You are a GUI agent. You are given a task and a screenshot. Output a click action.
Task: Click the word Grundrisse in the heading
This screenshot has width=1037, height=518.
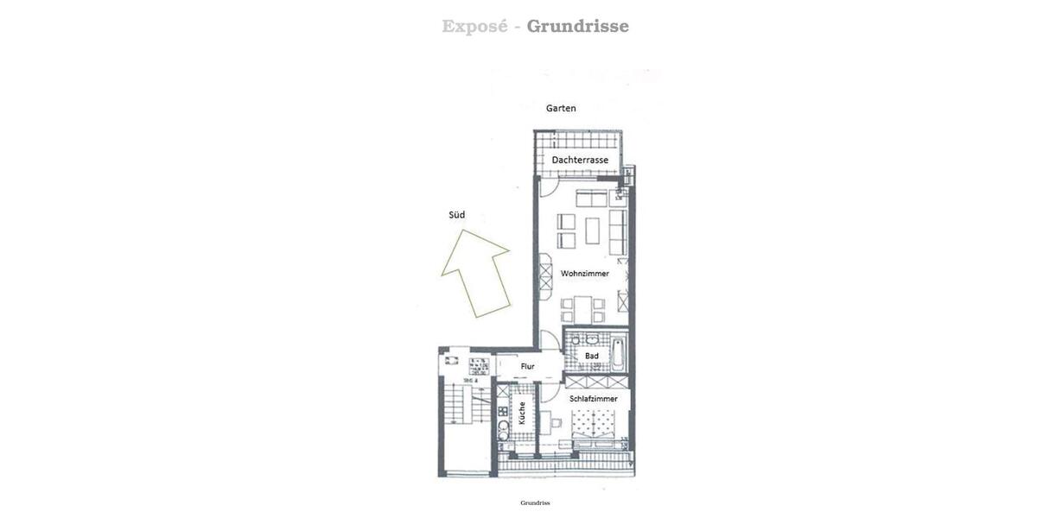pyautogui.click(x=578, y=27)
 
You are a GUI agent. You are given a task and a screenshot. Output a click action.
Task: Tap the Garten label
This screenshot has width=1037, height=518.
pyautogui.click(x=561, y=109)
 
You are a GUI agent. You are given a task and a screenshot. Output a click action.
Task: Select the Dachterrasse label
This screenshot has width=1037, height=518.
pyautogui.click(x=580, y=161)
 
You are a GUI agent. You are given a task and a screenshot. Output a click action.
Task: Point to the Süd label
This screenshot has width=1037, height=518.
pyautogui.click(x=456, y=215)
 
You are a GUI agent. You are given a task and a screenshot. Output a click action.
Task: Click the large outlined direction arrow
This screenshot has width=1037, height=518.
pyautogui.click(x=474, y=272)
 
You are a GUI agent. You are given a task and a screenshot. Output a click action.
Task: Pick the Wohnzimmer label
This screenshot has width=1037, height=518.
pyautogui.click(x=584, y=274)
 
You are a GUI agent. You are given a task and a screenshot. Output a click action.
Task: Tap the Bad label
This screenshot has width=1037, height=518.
pyautogui.click(x=592, y=356)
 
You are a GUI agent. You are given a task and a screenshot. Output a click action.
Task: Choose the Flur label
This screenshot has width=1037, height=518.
pyautogui.click(x=527, y=367)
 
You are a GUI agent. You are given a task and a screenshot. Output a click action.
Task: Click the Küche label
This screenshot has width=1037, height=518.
pyautogui.click(x=522, y=414)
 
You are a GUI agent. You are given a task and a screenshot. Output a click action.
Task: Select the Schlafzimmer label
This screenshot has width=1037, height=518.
pyautogui.click(x=594, y=399)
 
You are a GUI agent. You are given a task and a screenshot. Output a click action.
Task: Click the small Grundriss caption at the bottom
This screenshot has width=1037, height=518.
pyautogui.click(x=535, y=502)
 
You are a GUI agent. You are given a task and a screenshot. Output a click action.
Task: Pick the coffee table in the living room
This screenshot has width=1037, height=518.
pyautogui.click(x=592, y=231)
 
